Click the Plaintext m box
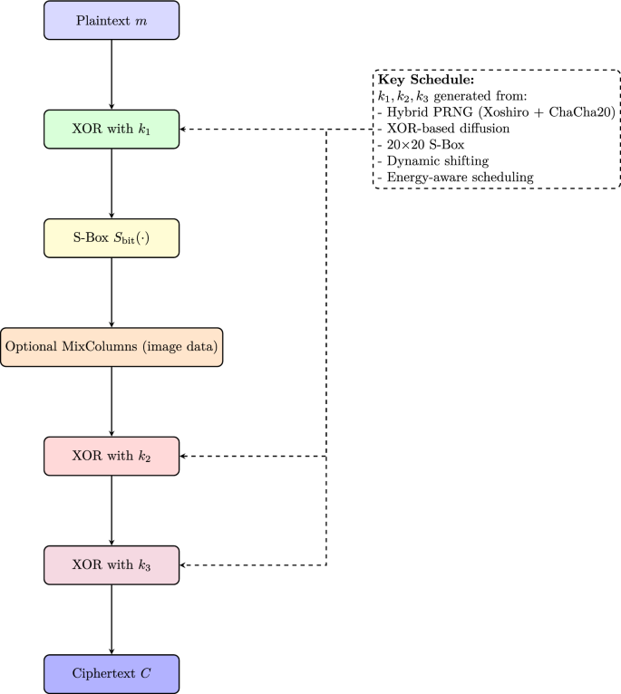(x=112, y=20)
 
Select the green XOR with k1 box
(x=112, y=129)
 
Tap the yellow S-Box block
(x=112, y=237)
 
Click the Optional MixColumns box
(x=112, y=347)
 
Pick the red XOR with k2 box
(x=112, y=456)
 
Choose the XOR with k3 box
(x=112, y=564)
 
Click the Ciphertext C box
(x=112, y=673)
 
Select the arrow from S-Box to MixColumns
(x=112, y=292)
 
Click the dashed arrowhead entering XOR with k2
(x=185, y=456)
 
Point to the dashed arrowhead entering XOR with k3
(x=185, y=564)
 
